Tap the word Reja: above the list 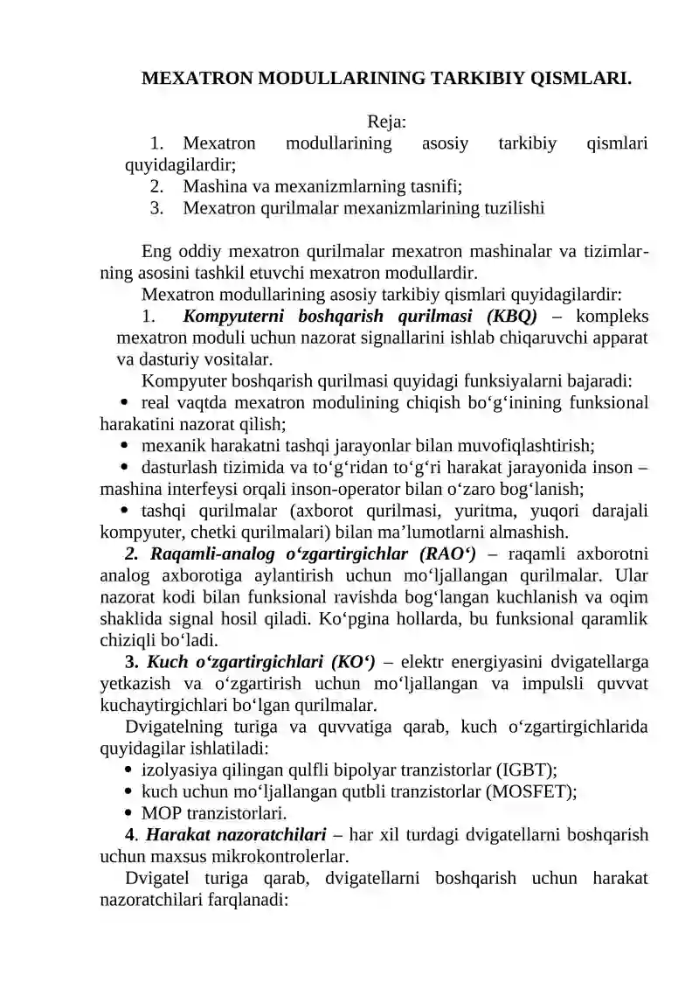pos(386,121)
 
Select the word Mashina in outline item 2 pos(213,186)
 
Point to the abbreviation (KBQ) pos(516,316)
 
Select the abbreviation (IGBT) pos(526,770)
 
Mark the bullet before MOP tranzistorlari pos(129,813)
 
